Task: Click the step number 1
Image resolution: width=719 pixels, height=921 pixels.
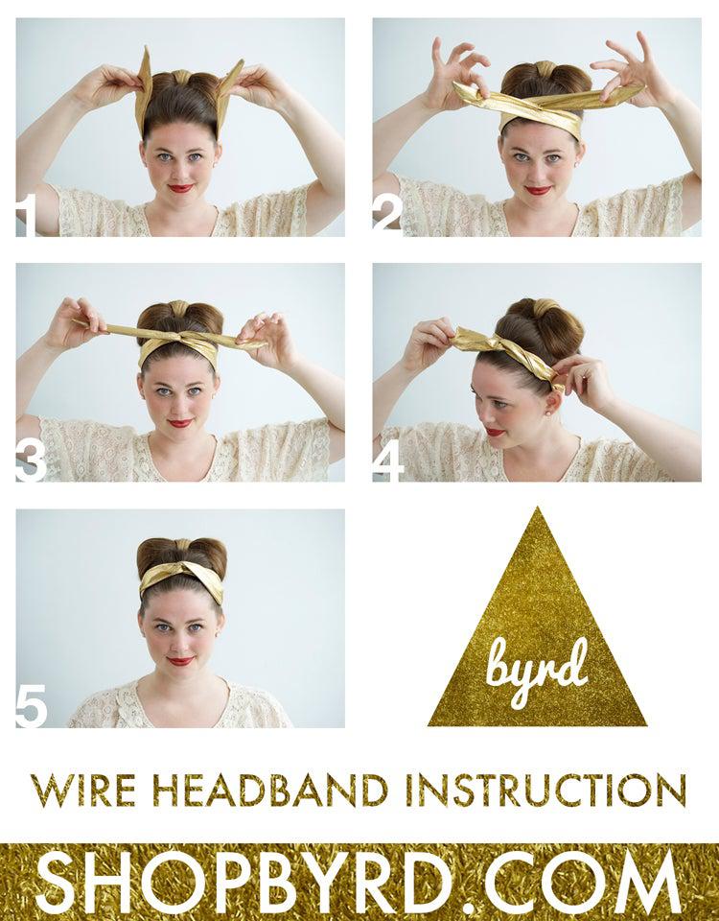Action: pos(26,215)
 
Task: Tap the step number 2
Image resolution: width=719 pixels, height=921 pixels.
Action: pos(387,215)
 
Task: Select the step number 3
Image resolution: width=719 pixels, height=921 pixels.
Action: pos(31,461)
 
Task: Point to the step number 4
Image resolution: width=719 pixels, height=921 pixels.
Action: pos(388,461)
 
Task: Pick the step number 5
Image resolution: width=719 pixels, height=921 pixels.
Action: pos(31,707)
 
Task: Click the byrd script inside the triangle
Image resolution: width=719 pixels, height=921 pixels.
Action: pos(537,669)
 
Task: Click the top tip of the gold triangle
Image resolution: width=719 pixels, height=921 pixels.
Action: pos(537,507)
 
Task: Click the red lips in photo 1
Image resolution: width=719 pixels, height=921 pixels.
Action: pos(180,189)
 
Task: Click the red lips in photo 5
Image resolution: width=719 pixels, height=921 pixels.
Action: pos(180,661)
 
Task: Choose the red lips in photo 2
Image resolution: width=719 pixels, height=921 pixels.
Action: pos(537,190)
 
